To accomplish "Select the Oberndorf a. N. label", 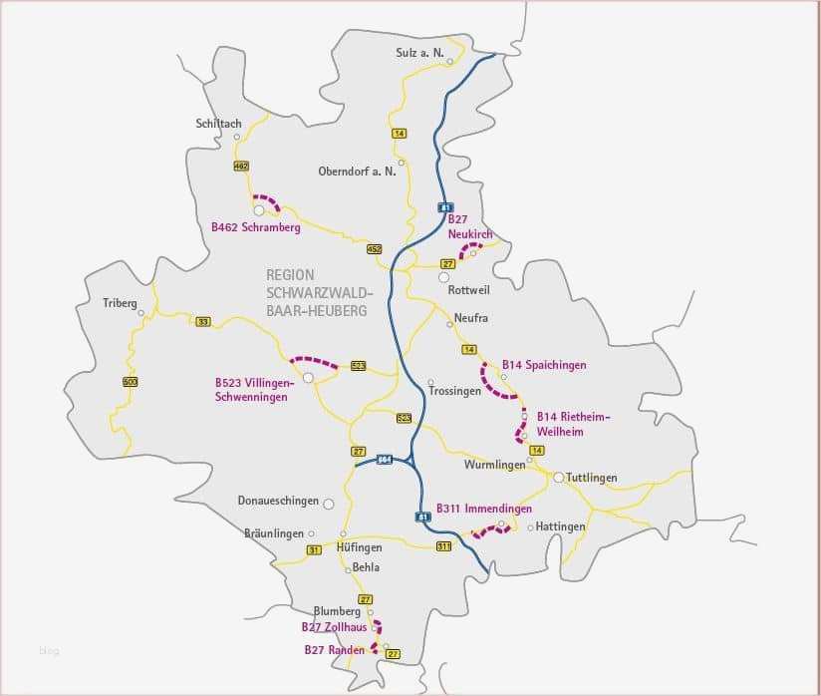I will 357,171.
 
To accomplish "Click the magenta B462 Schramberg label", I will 255,227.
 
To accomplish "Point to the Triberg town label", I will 120,302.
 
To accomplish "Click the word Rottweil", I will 470,290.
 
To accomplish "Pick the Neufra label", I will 470,318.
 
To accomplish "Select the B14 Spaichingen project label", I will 544,365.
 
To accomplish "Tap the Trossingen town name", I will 455,391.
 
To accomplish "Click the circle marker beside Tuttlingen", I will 559,477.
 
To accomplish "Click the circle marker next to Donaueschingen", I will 328,504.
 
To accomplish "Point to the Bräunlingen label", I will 273,533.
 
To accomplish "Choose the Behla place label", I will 365,567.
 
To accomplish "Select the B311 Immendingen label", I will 484,509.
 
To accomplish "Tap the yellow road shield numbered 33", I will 203,321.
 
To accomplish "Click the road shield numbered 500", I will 130,382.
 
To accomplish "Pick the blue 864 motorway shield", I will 385,460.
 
